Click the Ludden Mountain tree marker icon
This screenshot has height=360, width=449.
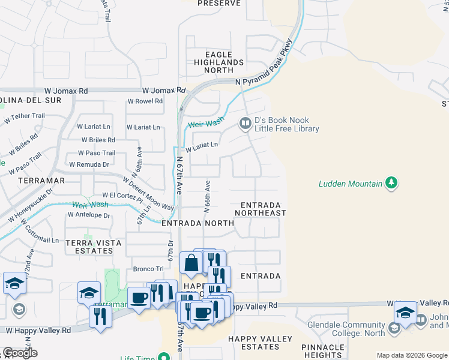point(391,182)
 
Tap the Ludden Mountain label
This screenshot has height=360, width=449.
point(351,183)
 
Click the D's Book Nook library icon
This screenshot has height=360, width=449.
point(245,124)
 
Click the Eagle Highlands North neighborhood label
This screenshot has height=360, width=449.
point(218,62)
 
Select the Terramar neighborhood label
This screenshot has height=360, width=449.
point(40,180)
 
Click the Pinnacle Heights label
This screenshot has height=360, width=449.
point(322,351)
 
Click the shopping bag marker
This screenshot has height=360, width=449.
point(190,263)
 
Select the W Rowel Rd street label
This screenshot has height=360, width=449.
point(145,101)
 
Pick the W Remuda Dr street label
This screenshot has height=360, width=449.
point(89,164)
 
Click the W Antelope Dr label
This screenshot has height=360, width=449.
point(89,215)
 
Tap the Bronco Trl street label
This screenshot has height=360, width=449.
point(148,268)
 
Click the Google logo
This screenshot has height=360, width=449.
point(20,353)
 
